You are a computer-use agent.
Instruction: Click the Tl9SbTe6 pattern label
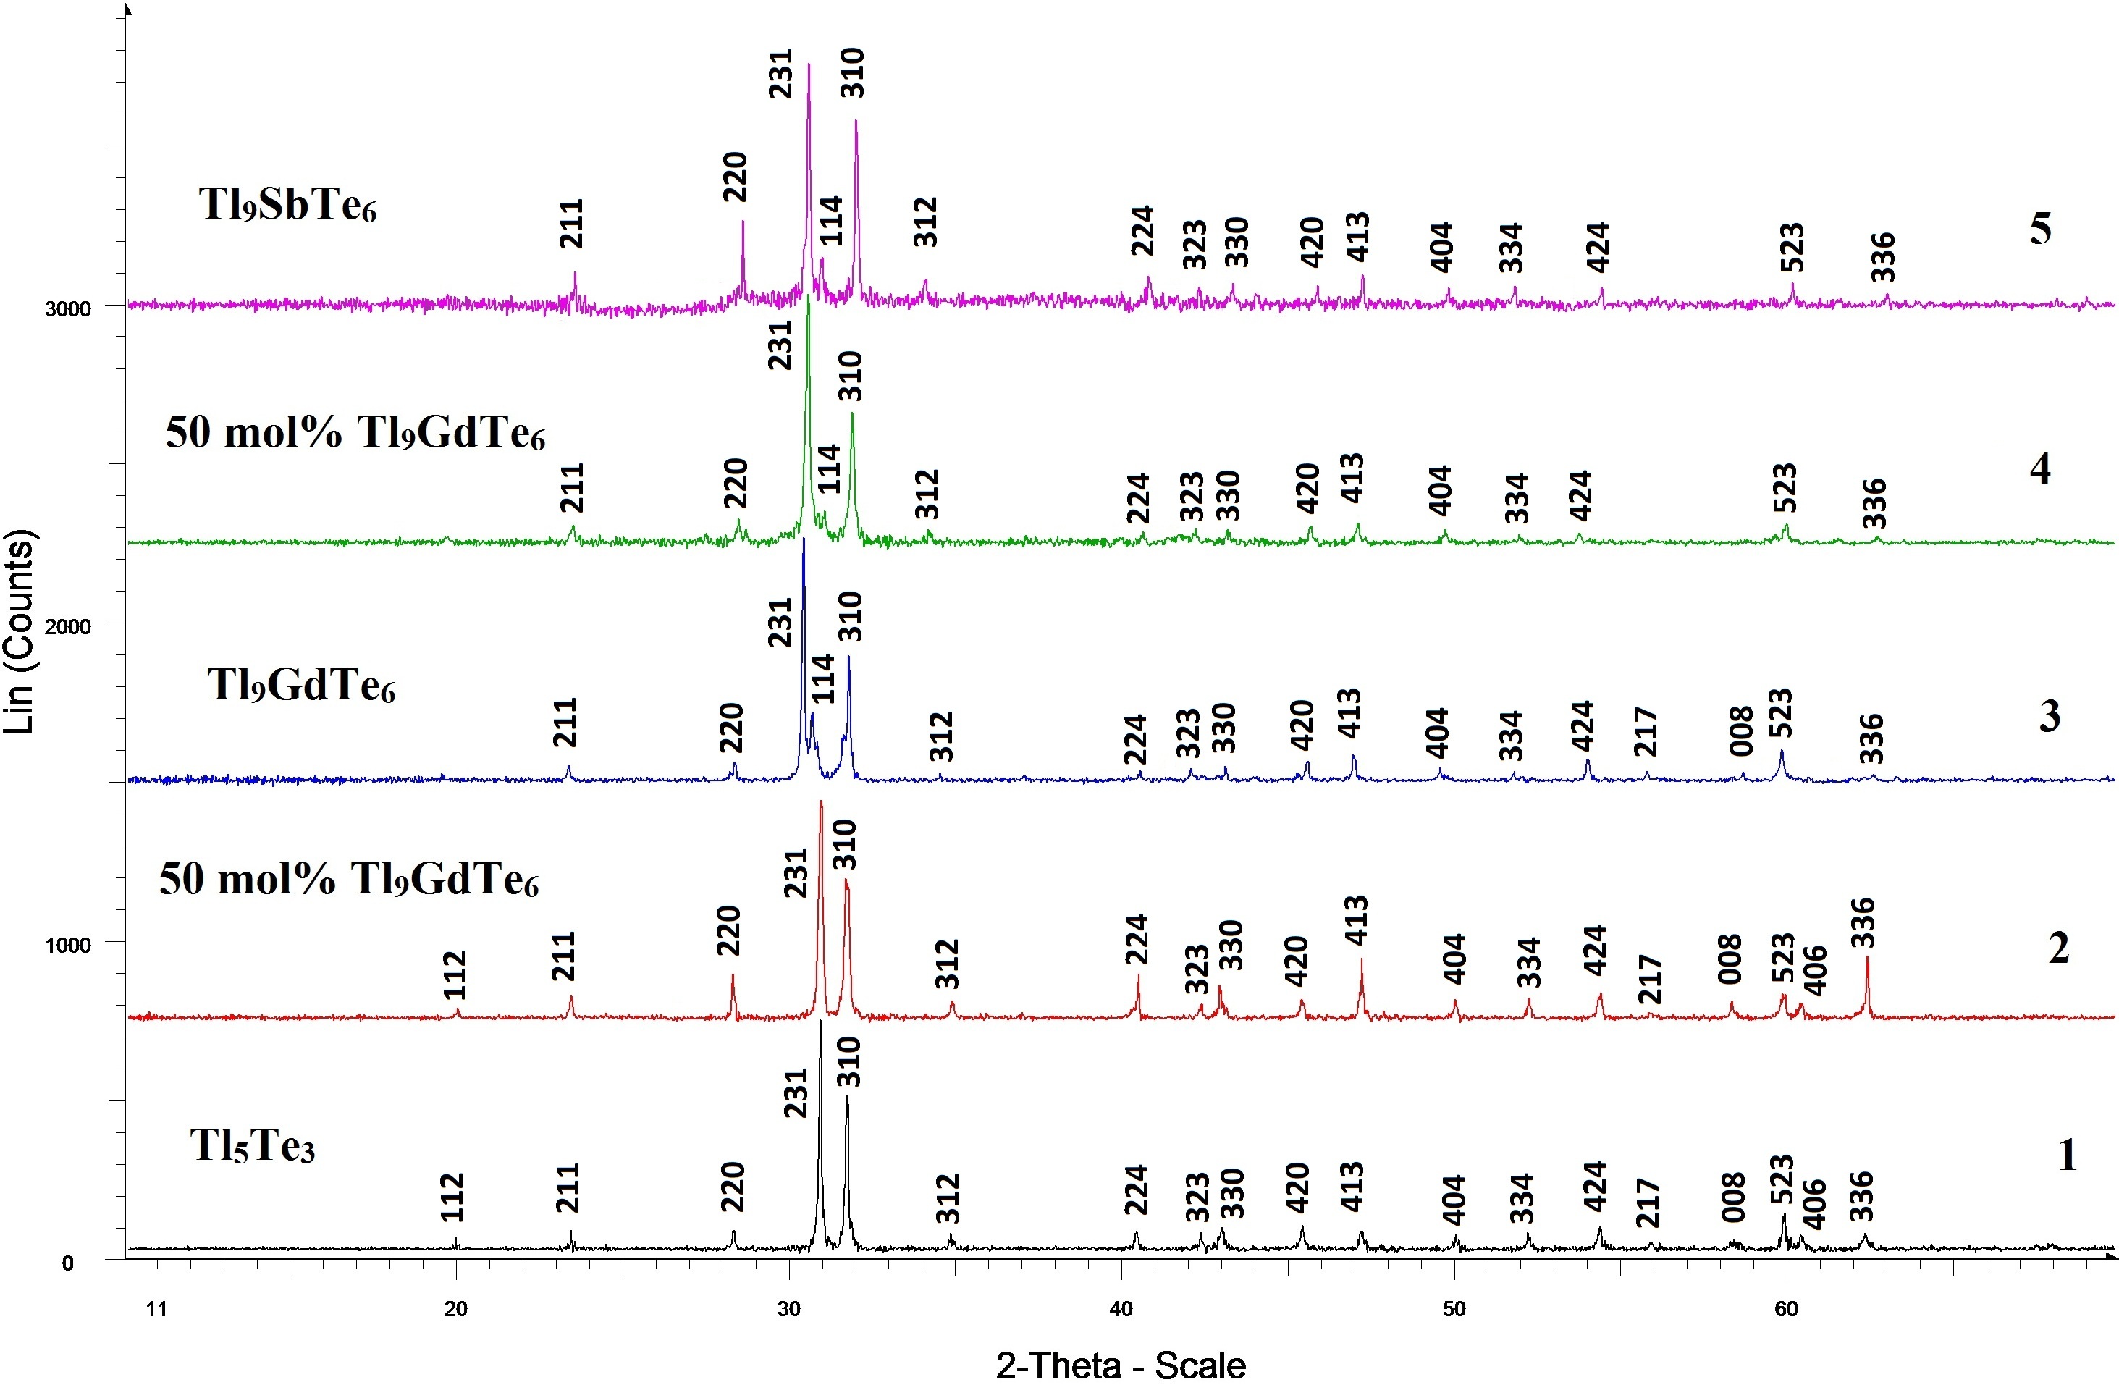(x=287, y=205)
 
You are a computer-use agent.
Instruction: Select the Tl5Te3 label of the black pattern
(x=252, y=1145)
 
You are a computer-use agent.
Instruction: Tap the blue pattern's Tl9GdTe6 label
(x=301, y=686)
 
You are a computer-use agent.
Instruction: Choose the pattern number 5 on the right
(x=2040, y=229)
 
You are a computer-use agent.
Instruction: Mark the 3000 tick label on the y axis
(x=67, y=309)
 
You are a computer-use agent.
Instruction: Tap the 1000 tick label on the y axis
(x=67, y=945)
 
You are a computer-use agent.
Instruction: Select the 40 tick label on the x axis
(x=1121, y=1308)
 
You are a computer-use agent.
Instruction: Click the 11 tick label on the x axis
(x=156, y=1308)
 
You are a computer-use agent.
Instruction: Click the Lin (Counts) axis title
(x=20, y=631)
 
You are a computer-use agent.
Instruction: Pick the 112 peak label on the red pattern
(x=455, y=975)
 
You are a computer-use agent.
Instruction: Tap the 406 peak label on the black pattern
(x=1813, y=1203)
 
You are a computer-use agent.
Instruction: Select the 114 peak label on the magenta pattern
(x=830, y=221)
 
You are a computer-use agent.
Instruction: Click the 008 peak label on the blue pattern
(x=1740, y=731)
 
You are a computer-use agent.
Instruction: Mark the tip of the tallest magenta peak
(x=809, y=64)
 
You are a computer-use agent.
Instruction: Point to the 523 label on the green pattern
(x=1785, y=488)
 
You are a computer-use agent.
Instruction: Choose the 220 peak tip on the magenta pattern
(x=743, y=222)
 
